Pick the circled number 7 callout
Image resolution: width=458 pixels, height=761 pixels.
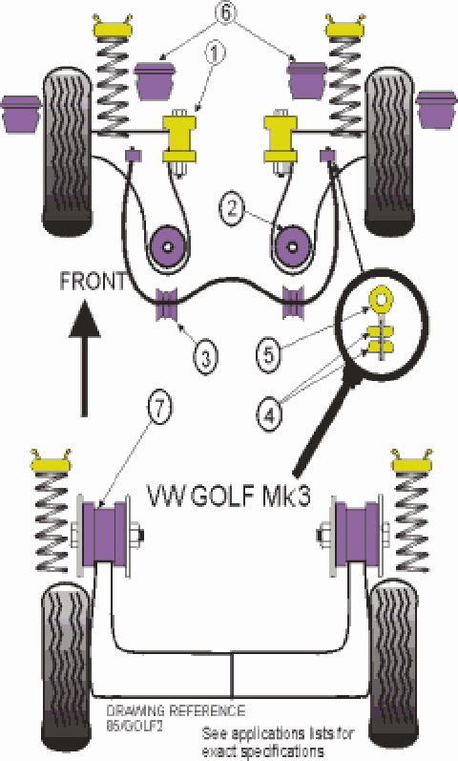tap(160, 409)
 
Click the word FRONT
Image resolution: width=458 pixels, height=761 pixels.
tap(92, 282)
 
